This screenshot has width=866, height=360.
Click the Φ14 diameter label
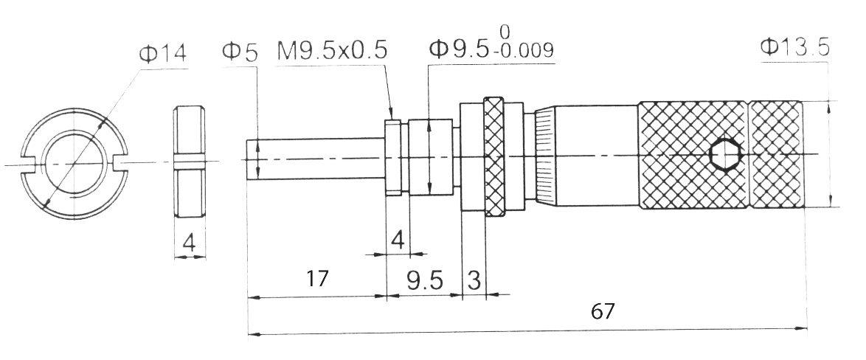click(x=162, y=53)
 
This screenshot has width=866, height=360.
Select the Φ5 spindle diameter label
click(x=240, y=52)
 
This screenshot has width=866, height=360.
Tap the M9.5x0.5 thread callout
click(x=332, y=52)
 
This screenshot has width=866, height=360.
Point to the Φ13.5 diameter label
click(x=794, y=48)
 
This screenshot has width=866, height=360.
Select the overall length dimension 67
click(x=603, y=311)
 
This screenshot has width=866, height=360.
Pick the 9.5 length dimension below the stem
click(x=423, y=280)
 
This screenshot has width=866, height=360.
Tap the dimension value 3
click(x=474, y=280)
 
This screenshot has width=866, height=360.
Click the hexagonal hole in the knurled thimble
click(x=724, y=156)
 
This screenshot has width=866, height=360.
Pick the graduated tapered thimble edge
click(x=544, y=156)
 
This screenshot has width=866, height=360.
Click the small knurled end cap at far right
click(x=775, y=156)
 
